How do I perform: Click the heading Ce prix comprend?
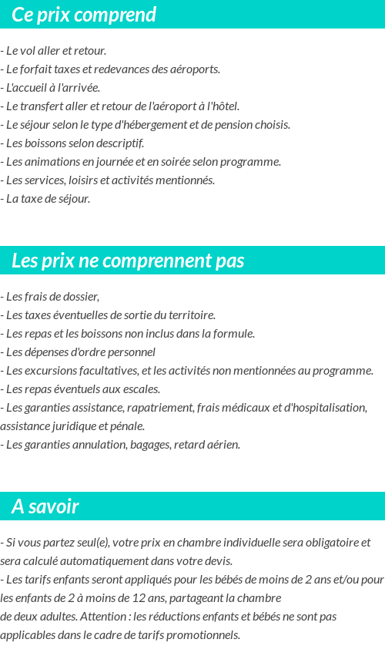tap(84, 15)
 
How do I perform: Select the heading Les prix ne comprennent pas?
tap(128, 261)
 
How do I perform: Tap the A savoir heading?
tap(45, 506)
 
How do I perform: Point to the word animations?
tap(52, 162)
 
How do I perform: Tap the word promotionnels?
tap(203, 635)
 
